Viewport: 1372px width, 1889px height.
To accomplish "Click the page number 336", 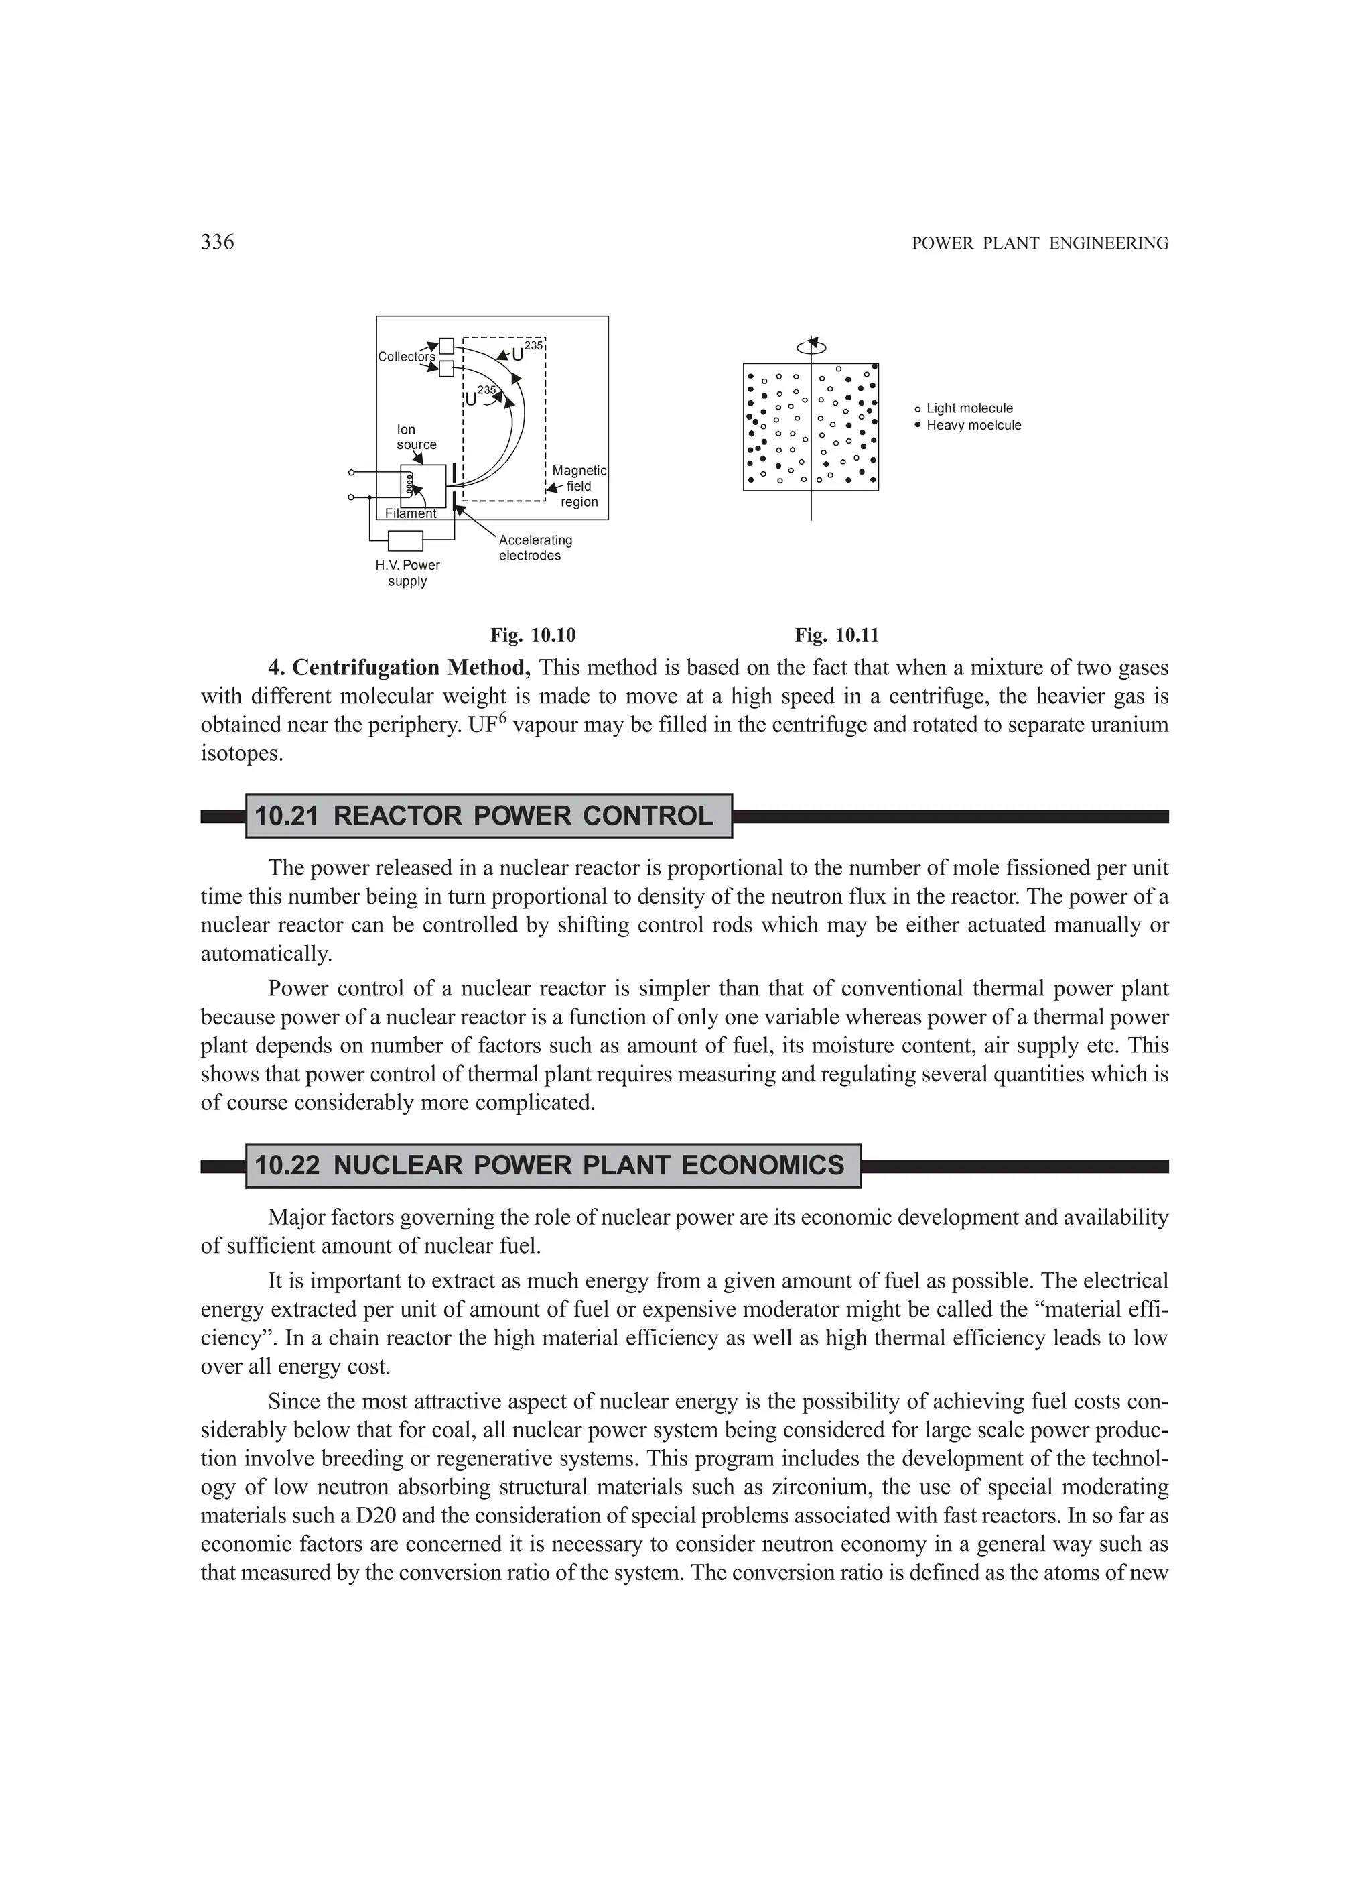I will [217, 243].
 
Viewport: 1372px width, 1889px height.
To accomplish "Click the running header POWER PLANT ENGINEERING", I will [1040, 243].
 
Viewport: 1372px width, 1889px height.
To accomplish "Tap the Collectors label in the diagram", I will [406, 357].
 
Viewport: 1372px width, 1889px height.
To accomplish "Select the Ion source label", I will [415, 437].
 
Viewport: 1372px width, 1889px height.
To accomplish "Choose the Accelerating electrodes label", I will [535, 548].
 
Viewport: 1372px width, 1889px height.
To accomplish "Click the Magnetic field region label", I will [579, 487].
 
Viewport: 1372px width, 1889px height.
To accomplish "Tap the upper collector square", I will [446, 345].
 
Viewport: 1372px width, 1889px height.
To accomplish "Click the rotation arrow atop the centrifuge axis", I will [812, 347].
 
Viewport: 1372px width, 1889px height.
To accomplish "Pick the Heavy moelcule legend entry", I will [972, 426].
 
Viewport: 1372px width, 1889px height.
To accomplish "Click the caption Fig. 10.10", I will [533, 635].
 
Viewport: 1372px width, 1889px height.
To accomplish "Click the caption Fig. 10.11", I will [837, 635].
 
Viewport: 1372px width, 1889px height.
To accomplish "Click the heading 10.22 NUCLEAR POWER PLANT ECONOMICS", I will [549, 1165].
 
